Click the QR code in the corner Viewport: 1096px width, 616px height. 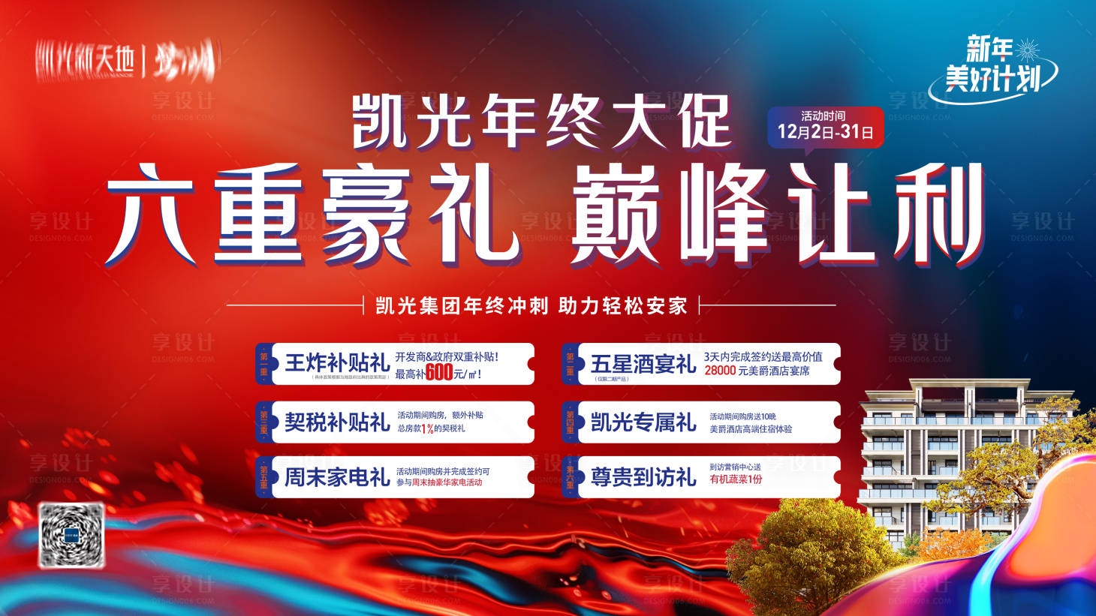click(71, 534)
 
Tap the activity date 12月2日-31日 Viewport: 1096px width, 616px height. click(825, 132)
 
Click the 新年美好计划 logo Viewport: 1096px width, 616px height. click(992, 68)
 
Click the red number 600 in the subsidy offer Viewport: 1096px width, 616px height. click(439, 373)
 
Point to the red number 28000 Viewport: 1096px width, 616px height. click(720, 371)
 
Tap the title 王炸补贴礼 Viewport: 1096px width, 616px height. click(336, 363)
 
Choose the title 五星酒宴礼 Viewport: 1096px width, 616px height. click(643, 364)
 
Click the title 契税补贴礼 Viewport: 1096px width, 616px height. click(336, 422)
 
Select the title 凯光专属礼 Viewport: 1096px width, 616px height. click(643, 422)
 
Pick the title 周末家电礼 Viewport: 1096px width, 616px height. click(336, 477)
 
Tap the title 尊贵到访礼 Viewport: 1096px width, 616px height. click(643, 477)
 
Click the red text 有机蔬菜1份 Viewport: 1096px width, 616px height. click(736, 479)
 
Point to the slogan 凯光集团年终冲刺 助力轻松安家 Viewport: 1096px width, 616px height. click(531, 306)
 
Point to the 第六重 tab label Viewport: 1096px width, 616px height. click(570, 477)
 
